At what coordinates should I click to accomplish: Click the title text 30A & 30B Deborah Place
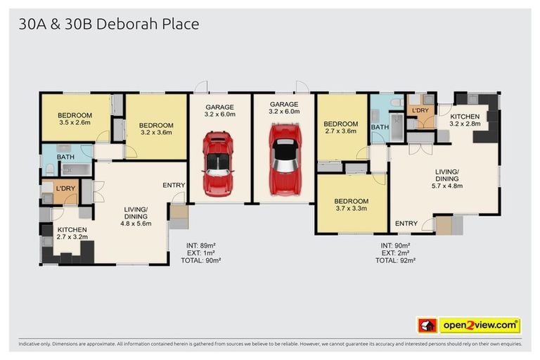point(109,24)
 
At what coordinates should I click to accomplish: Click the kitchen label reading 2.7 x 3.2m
point(72,234)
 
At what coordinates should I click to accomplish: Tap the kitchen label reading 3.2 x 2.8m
point(465,120)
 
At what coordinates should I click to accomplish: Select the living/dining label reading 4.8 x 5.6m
point(136,217)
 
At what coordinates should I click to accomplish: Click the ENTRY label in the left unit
point(174,186)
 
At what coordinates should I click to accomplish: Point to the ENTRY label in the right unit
point(406,224)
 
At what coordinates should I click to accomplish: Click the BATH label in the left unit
point(65,157)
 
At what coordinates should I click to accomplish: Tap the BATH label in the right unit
point(380,127)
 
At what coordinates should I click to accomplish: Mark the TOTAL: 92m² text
point(395,259)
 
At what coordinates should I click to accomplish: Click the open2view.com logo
point(479,326)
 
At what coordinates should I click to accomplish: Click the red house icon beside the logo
point(427,326)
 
